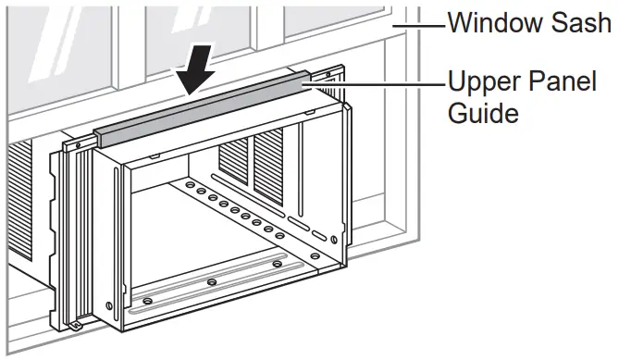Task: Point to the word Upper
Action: tap(477, 83)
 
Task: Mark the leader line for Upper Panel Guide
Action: tap(379, 84)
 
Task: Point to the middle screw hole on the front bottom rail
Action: tap(213, 281)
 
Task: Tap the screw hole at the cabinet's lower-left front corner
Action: tap(110, 305)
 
